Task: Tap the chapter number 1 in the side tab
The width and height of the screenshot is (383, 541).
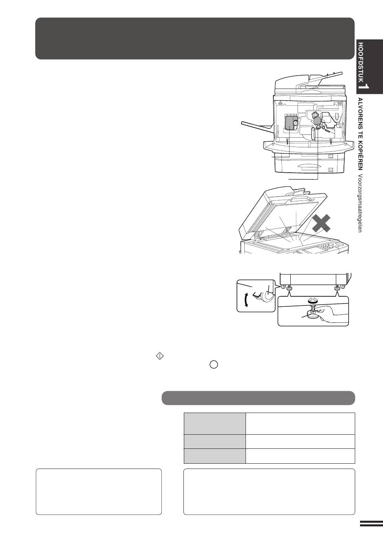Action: [366, 87]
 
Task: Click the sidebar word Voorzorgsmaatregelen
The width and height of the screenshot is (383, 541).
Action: [360, 203]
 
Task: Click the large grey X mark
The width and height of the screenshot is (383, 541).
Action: [321, 223]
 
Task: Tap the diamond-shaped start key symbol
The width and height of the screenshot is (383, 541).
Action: [160, 356]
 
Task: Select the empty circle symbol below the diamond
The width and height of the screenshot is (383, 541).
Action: [214, 364]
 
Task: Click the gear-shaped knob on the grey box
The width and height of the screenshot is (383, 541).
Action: [295, 123]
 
